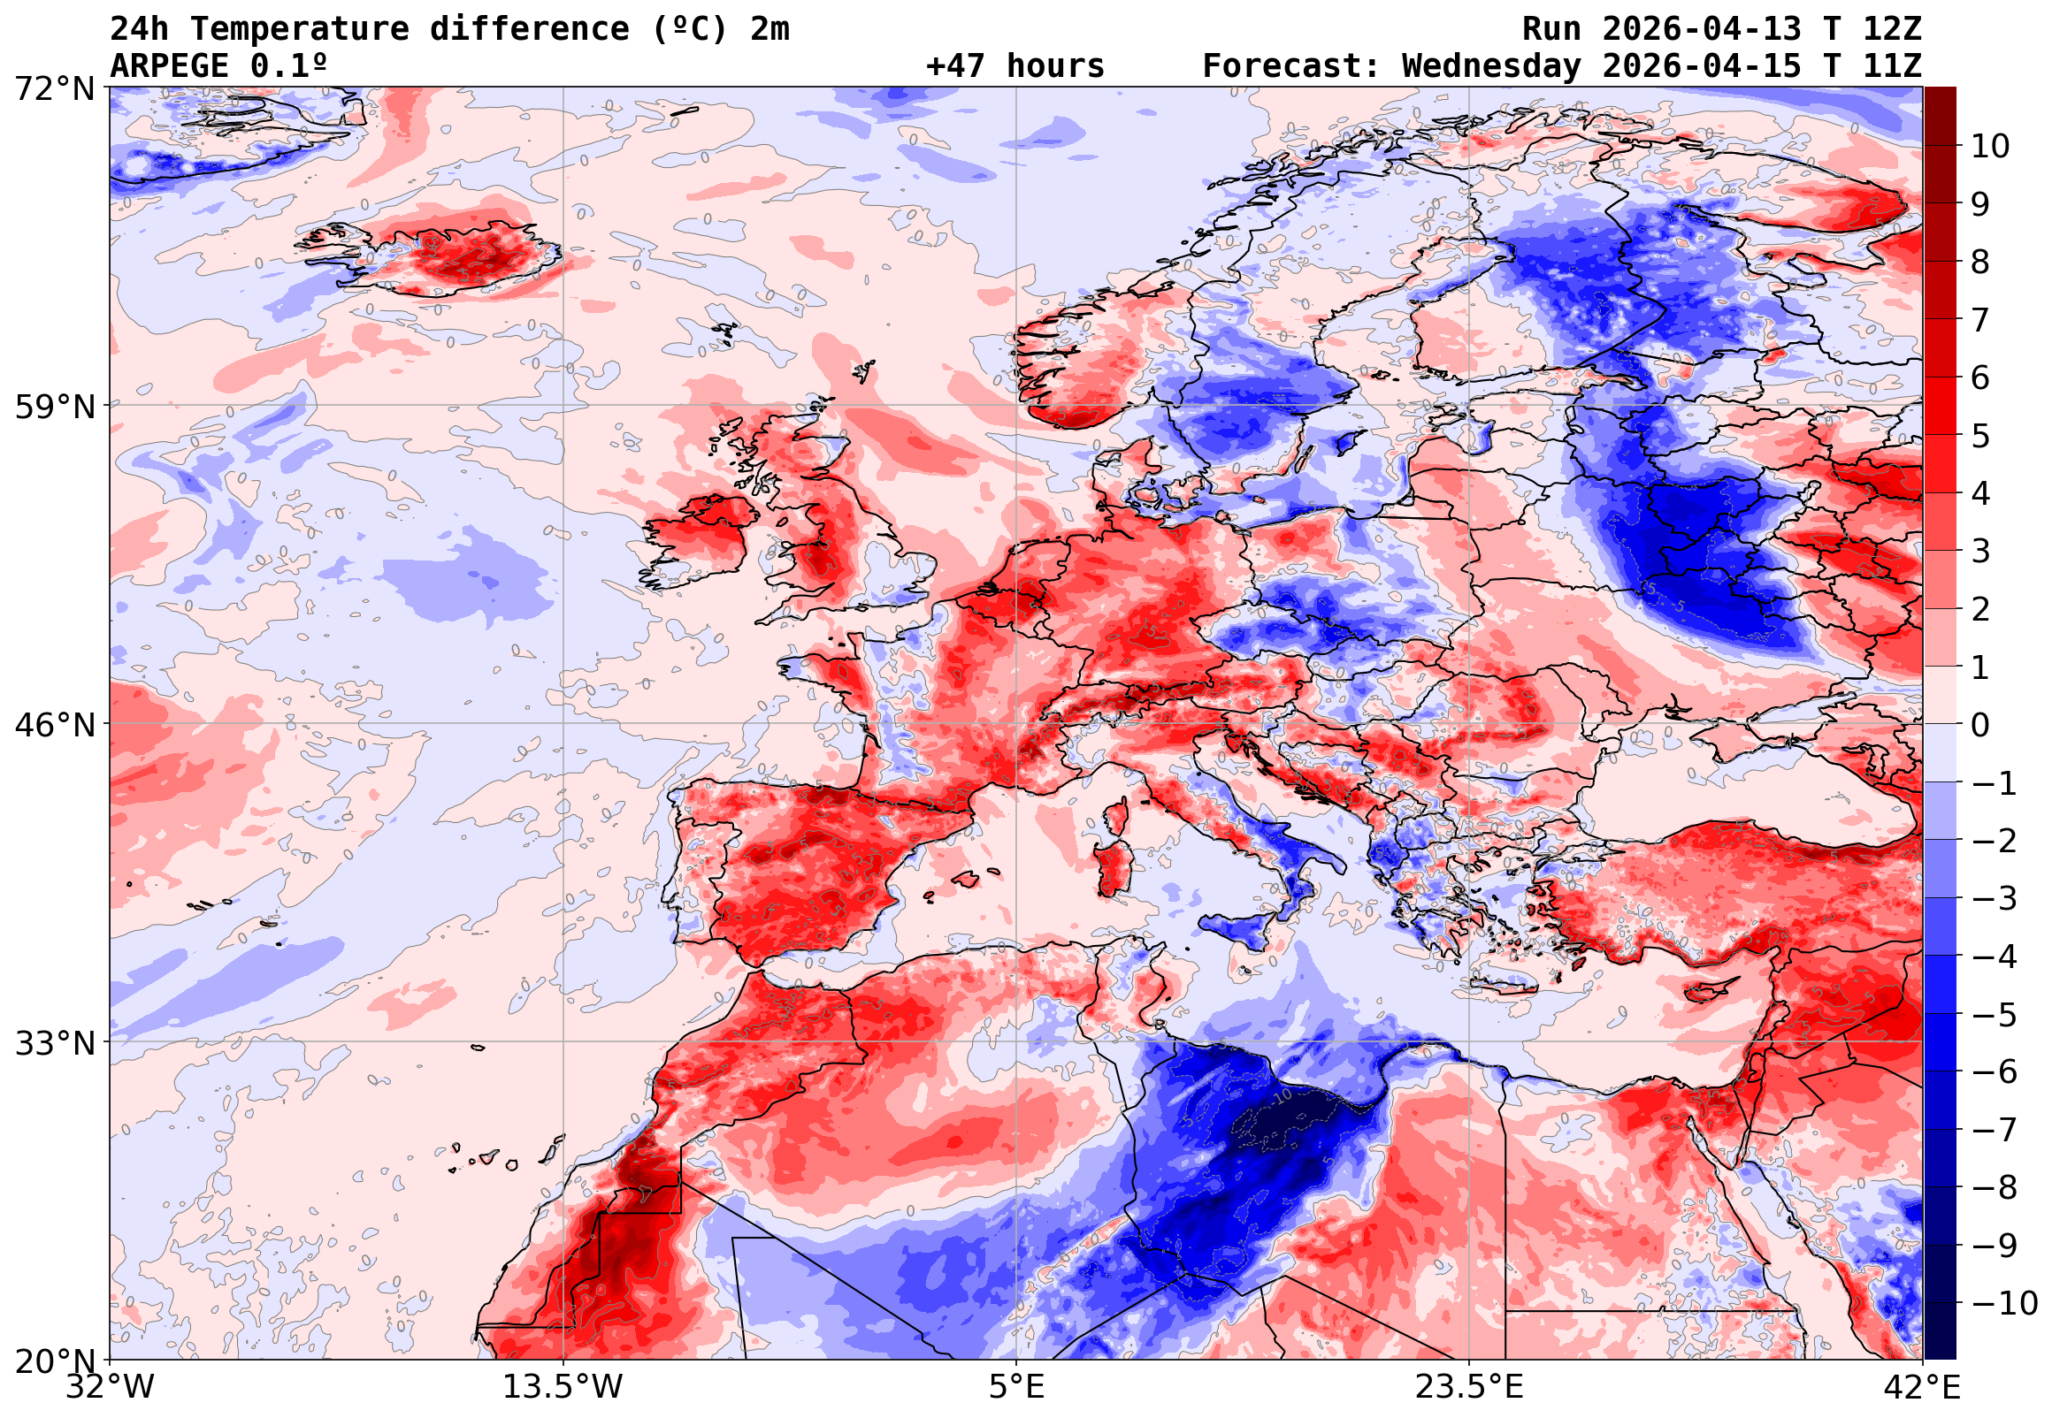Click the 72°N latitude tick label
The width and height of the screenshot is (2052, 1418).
(x=54, y=89)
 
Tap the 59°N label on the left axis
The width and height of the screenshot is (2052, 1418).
(x=54, y=407)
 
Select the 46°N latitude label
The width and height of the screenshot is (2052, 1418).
(x=54, y=725)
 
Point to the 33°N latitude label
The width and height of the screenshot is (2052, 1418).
(x=54, y=1043)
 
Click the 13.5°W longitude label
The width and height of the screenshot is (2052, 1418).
(x=563, y=1387)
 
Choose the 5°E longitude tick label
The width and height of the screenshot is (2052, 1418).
(x=1016, y=1387)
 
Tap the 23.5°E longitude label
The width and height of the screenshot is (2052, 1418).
(x=1469, y=1387)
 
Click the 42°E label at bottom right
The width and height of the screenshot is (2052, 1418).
(x=1921, y=1387)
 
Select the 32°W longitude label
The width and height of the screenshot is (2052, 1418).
(x=111, y=1387)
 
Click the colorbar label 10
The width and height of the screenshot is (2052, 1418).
(x=1990, y=146)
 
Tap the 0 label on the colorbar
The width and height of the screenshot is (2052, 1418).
(x=1980, y=725)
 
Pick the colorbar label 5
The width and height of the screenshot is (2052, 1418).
(x=1980, y=436)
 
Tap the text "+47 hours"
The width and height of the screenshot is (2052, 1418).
(x=1015, y=65)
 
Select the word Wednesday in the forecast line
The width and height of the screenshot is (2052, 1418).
(x=1491, y=65)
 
